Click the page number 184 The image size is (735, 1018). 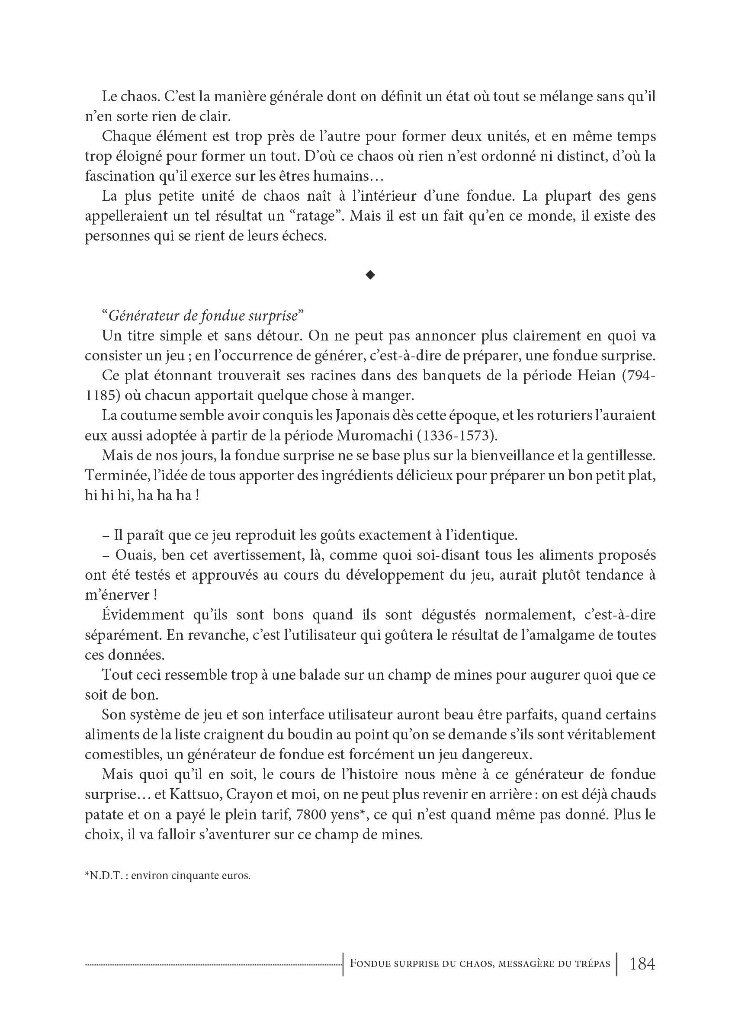click(642, 963)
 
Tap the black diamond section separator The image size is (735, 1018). click(370, 275)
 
